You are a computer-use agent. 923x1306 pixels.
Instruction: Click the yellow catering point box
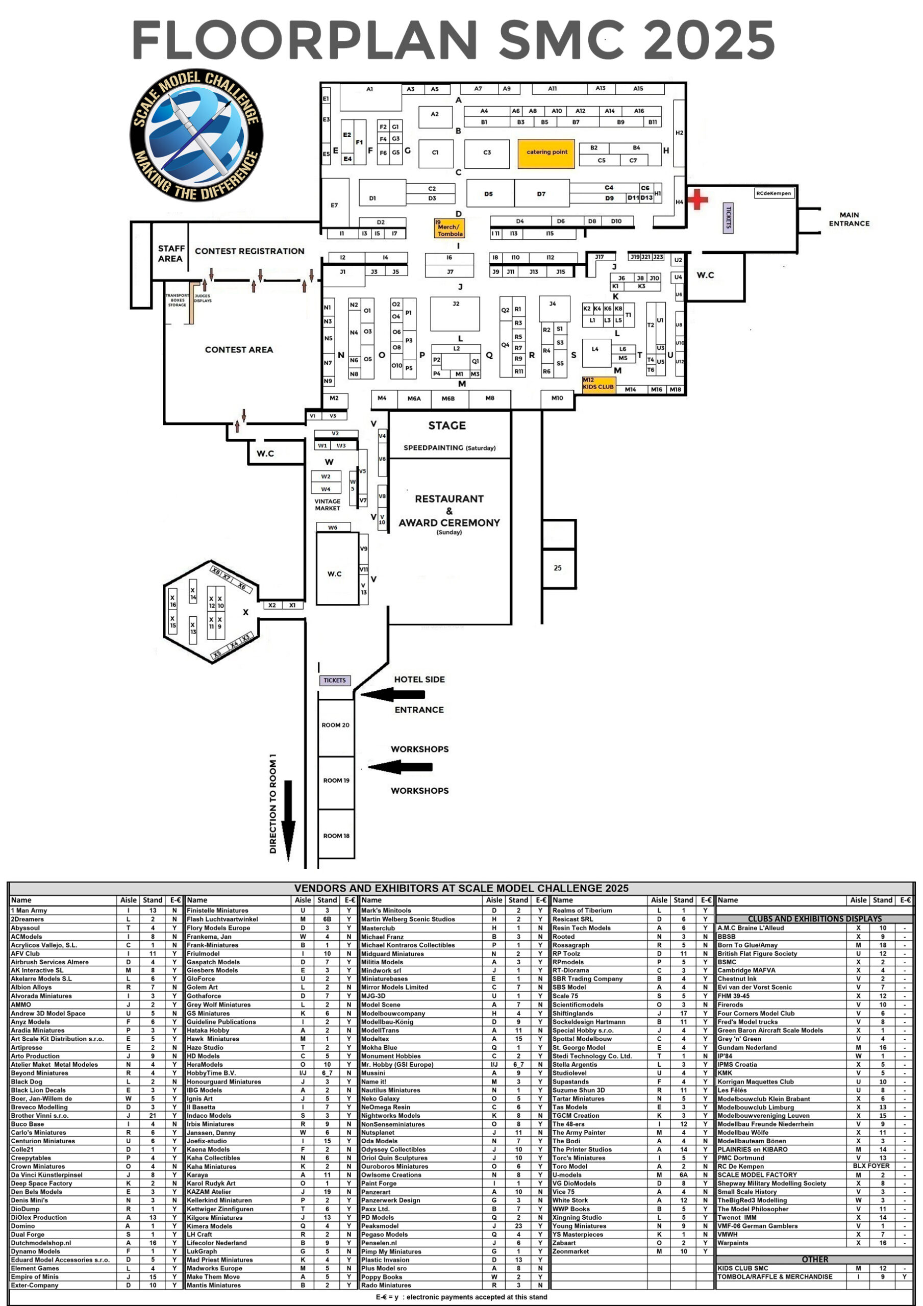(546, 153)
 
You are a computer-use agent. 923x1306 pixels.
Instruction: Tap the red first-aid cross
(697, 199)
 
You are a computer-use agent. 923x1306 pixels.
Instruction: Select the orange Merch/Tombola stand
(450, 228)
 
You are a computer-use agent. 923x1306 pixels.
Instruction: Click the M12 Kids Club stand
(598, 384)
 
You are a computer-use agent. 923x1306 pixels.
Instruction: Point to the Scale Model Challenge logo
(196, 135)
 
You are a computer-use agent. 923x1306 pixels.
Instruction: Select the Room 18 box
(336, 835)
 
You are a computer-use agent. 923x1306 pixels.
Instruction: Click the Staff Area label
(171, 253)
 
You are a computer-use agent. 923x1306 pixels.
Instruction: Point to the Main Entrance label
(849, 219)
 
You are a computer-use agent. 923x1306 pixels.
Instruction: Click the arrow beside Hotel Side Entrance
(393, 694)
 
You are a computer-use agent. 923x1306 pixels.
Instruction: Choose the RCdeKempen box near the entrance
(774, 193)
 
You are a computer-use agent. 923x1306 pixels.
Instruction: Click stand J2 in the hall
(455, 313)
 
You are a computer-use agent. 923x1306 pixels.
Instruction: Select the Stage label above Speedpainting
(447, 425)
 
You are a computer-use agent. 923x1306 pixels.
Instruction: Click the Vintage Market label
(327, 505)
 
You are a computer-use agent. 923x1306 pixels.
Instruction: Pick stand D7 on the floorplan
(542, 194)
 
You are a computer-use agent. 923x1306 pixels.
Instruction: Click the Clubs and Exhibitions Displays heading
(814, 919)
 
